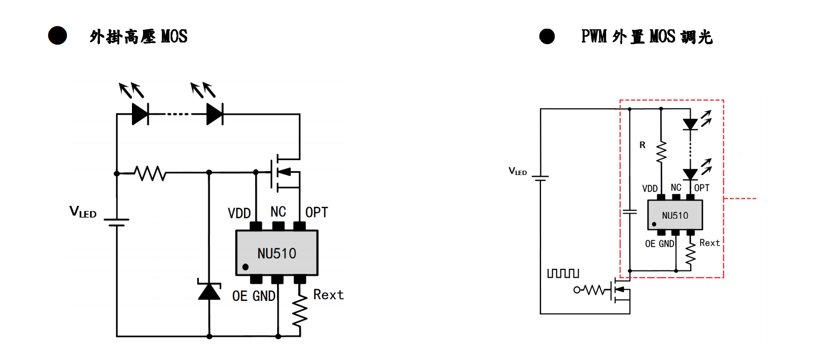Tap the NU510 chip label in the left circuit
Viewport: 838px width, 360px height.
(x=277, y=253)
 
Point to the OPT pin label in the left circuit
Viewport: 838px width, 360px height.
(x=316, y=212)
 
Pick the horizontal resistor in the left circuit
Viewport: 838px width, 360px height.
(x=150, y=173)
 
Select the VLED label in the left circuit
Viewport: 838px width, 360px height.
(x=83, y=211)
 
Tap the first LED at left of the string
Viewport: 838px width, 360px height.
(x=140, y=114)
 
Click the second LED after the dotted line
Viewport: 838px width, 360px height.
(x=214, y=114)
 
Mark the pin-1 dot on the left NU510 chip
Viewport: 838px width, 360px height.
(x=245, y=267)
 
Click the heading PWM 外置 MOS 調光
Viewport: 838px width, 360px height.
(x=646, y=37)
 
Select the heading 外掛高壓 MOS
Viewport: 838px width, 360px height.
(x=138, y=37)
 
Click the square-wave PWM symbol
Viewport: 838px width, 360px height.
(x=563, y=273)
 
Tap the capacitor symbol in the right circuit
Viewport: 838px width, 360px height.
(x=630, y=212)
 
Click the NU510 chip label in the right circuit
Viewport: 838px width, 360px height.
(x=675, y=215)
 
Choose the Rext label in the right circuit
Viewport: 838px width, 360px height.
(x=709, y=243)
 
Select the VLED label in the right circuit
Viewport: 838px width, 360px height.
(x=517, y=172)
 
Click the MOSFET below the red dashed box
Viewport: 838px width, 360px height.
(x=620, y=290)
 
